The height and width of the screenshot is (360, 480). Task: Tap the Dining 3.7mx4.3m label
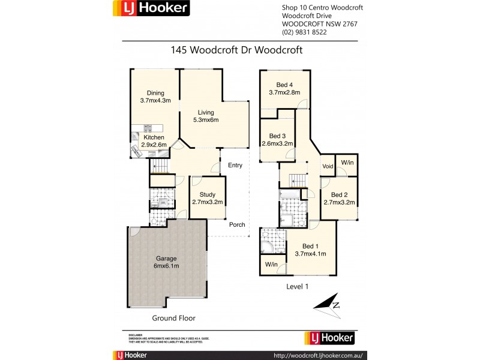(155, 97)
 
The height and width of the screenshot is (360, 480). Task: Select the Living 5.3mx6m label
(206, 116)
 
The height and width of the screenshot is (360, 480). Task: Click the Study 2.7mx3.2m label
(207, 198)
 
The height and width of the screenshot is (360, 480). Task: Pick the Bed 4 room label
(285, 88)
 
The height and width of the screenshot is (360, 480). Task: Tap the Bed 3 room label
(277, 140)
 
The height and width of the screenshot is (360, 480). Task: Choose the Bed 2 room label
(339, 199)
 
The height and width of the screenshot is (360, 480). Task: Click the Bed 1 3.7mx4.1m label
(310, 250)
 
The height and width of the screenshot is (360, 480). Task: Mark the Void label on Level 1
(328, 166)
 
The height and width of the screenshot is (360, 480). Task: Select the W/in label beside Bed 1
(271, 264)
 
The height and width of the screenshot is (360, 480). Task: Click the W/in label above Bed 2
(347, 162)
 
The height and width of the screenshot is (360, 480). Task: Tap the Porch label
(237, 224)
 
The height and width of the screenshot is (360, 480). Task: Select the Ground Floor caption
(173, 318)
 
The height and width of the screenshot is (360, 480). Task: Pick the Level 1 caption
(297, 287)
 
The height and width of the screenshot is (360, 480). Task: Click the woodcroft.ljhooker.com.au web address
(319, 355)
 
